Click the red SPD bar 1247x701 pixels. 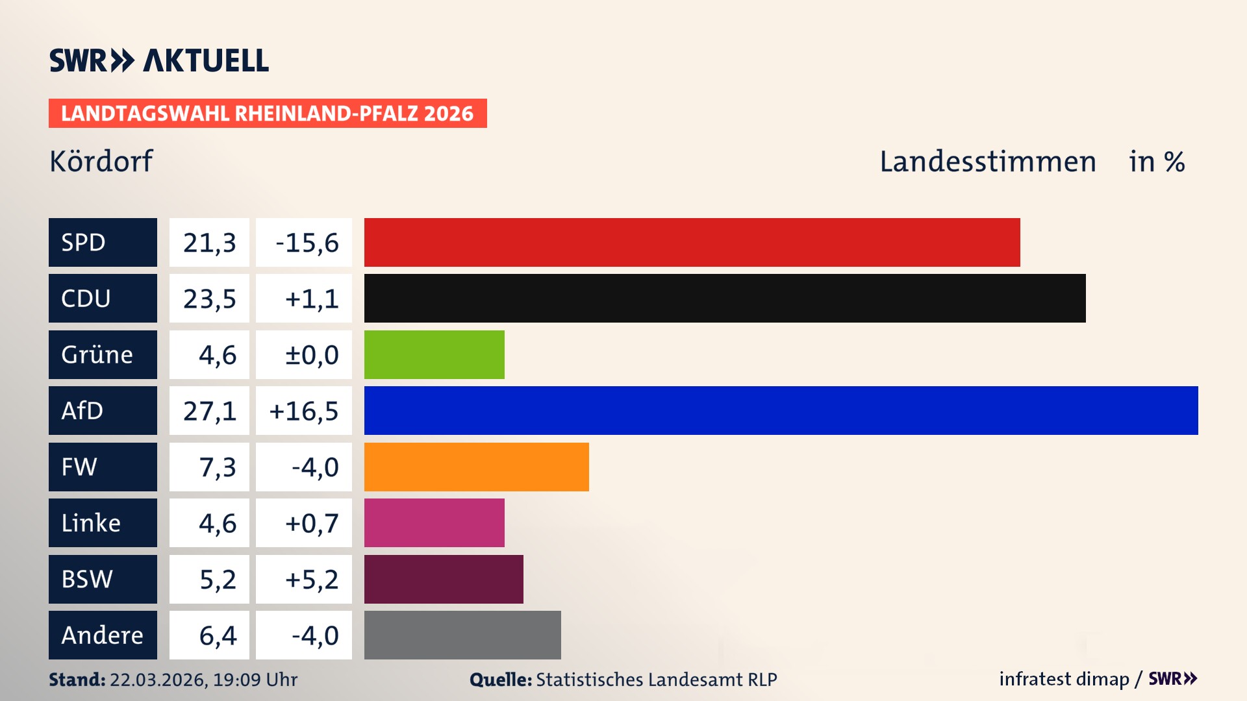[692, 242]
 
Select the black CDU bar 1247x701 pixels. [724, 298]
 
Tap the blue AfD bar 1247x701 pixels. [781, 410]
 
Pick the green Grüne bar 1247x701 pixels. [434, 354]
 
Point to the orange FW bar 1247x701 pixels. [476, 467]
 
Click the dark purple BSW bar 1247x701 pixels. [444, 579]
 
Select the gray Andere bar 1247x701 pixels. [462, 635]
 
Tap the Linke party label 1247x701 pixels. [103, 523]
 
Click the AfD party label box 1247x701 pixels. [103, 410]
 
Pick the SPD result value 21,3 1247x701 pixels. [209, 242]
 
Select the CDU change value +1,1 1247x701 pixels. [304, 298]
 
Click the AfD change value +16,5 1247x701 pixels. [304, 410]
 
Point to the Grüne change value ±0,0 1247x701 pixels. [304, 354]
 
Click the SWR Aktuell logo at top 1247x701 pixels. [158, 60]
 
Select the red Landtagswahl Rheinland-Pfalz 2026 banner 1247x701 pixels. [268, 113]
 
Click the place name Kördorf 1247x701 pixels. [101, 161]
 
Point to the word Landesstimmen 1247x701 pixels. [987, 161]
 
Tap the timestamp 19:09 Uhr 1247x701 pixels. [255, 680]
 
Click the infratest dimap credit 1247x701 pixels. [1064, 679]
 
